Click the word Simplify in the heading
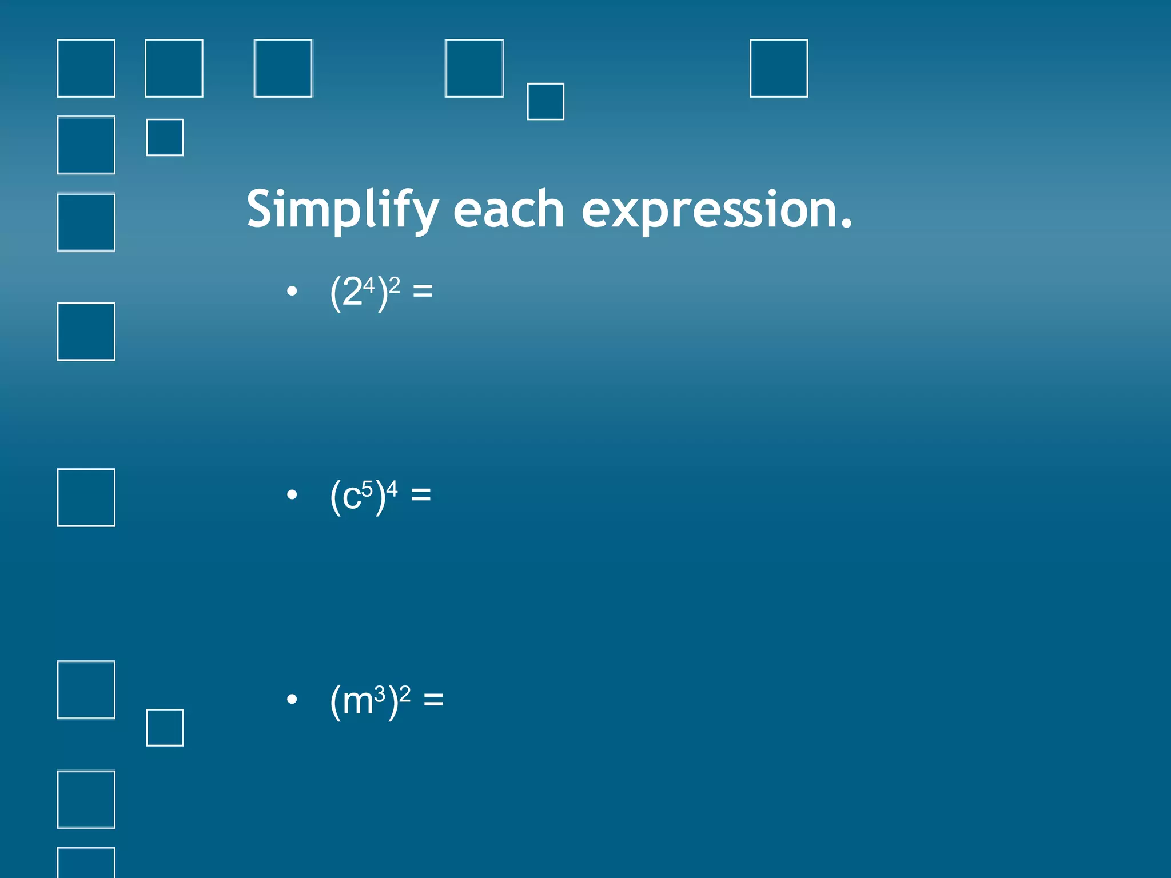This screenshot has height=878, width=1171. point(342,210)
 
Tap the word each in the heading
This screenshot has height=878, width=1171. point(509,210)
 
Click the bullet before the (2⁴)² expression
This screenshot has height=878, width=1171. point(292,292)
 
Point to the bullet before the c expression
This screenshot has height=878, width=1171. point(292,494)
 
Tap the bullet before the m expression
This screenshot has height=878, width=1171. point(292,699)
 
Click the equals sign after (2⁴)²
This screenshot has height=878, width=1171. point(423,292)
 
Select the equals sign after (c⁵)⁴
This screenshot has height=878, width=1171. point(421,494)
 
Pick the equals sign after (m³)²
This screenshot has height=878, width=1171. point(433,699)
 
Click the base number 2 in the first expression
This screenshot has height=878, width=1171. point(352,293)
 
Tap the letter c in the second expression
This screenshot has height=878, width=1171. point(351,497)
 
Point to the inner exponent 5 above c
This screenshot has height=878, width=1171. point(367,489)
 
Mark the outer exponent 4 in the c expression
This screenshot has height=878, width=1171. point(392,488)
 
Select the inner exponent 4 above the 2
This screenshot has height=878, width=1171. point(369,285)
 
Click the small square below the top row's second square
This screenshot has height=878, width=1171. point(165,137)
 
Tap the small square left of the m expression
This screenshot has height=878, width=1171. point(165,728)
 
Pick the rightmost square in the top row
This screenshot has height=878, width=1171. point(779,68)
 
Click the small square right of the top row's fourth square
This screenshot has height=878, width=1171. point(545,102)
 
